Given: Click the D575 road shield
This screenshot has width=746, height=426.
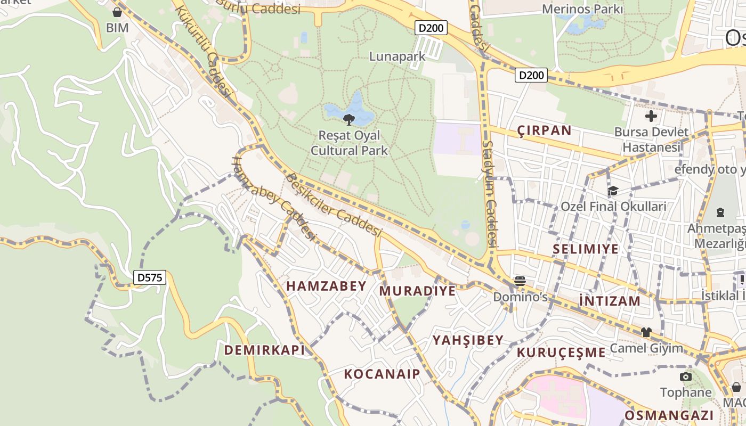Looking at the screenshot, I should click(150, 277).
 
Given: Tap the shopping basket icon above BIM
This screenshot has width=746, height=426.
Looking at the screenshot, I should click(117, 12).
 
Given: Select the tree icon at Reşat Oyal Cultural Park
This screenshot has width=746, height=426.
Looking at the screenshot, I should click(349, 119).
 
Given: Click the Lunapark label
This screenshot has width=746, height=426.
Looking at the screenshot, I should click(398, 56).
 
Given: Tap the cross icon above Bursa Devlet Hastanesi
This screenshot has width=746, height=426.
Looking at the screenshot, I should click(651, 116).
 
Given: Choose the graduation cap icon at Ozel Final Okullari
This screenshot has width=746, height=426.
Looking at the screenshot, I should click(613, 191).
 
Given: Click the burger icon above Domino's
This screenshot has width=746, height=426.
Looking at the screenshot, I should click(520, 281).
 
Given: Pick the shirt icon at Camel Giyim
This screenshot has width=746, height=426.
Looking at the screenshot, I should click(646, 332).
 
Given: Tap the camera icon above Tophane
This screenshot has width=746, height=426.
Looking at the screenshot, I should click(686, 377).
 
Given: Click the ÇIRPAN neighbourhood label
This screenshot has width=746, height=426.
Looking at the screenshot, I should click(544, 130).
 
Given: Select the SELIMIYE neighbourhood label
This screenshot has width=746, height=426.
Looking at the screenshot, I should click(586, 249).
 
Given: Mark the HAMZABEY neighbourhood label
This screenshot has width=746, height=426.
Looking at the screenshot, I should click(326, 286).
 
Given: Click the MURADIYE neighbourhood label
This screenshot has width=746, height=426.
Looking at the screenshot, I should click(417, 291).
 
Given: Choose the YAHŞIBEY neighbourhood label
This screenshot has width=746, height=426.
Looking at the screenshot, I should click(468, 340).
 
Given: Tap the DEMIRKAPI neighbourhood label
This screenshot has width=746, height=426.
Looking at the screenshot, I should click(264, 350).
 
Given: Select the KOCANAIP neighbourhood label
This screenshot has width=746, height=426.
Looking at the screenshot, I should click(382, 374).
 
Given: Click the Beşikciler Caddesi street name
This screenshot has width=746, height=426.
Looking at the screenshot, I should click(334, 205).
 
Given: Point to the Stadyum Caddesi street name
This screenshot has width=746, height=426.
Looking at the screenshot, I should click(490, 194).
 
